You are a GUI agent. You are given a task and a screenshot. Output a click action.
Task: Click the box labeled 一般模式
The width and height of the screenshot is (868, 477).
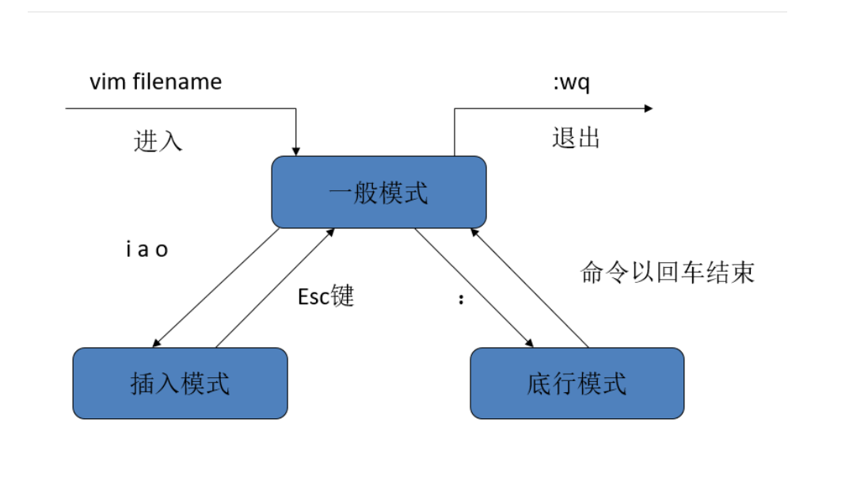point(379,193)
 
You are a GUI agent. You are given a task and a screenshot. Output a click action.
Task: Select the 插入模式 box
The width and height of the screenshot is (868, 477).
point(180,384)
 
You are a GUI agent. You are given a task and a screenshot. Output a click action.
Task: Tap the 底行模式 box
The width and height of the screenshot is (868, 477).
point(577,384)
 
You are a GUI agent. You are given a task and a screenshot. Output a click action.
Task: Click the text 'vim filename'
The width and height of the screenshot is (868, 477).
point(155,81)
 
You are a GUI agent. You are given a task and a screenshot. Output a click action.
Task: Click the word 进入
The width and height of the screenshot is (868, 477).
point(158,140)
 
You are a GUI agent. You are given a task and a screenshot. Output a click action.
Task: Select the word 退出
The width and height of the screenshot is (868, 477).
point(576,138)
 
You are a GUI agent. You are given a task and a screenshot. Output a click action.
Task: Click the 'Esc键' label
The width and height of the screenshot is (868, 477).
point(325,296)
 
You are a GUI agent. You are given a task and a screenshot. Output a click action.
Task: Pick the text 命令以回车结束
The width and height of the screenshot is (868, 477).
point(668,273)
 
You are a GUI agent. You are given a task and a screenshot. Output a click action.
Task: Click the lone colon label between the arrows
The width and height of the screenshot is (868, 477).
point(461,300)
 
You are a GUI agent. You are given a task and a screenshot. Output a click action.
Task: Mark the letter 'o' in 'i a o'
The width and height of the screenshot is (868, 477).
point(162,250)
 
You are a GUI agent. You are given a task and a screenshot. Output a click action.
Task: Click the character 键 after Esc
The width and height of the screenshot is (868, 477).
point(342,296)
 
